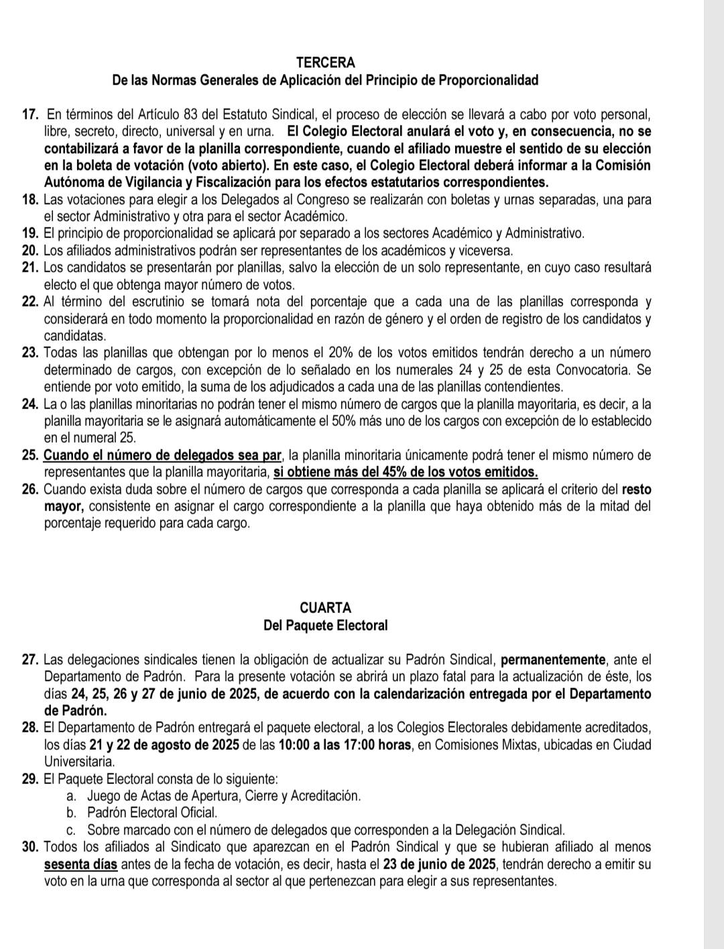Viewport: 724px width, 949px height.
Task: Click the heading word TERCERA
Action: [x=325, y=63]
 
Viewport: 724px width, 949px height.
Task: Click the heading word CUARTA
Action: [x=325, y=608]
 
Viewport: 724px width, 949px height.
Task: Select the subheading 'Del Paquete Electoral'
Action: [x=325, y=626]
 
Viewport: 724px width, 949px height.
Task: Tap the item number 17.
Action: [x=29, y=114]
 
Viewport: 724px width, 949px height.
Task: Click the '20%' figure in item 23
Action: [x=339, y=353]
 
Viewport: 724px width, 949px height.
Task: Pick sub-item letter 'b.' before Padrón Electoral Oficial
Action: [x=71, y=812]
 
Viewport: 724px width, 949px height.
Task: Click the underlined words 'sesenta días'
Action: [x=81, y=864]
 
